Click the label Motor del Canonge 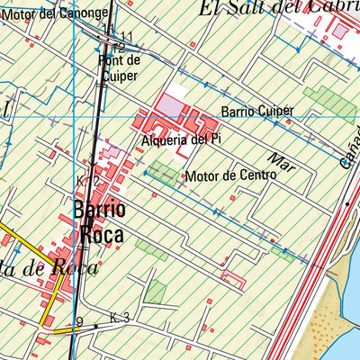tap(58, 13)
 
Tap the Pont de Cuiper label tap(120, 68)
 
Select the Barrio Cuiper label tap(257, 111)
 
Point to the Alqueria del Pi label tap(181, 140)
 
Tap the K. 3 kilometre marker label tap(121, 318)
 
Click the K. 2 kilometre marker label tap(87, 182)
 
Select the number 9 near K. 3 tap(79, 322)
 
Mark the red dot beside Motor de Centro tap(184, 175)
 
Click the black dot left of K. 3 tap(95, 326)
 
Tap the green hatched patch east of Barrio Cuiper tap(329, 103)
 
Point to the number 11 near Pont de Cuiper tap(126, 36)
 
